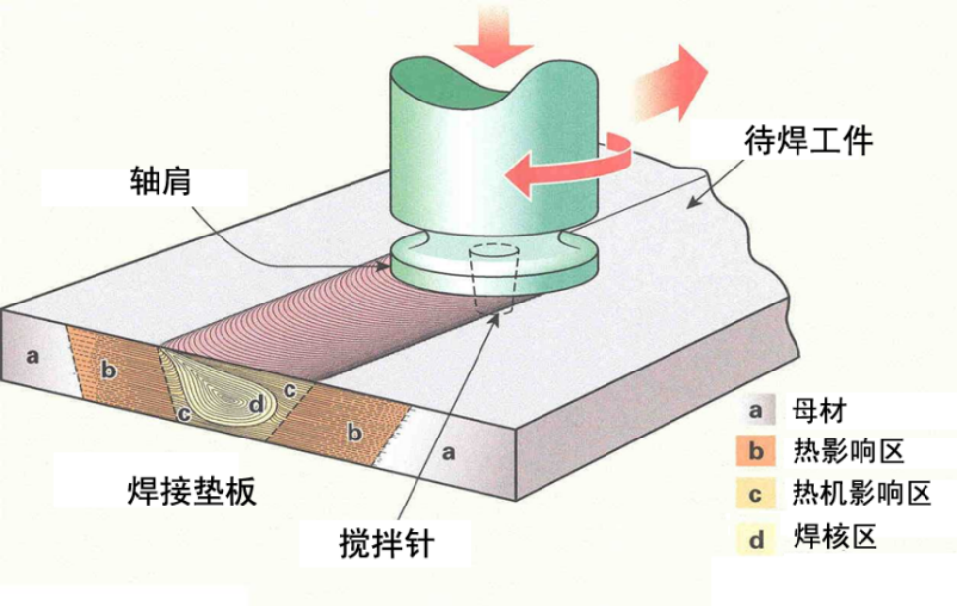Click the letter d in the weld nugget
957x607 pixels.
(x=257, y=402)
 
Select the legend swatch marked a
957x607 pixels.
(x=756, y=407)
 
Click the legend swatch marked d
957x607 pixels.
(x=756, y=538)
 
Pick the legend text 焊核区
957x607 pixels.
(x=833, y=538)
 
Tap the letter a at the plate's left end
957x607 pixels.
(x=32, y=355)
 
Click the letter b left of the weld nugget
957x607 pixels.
(x=108, y=371)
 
